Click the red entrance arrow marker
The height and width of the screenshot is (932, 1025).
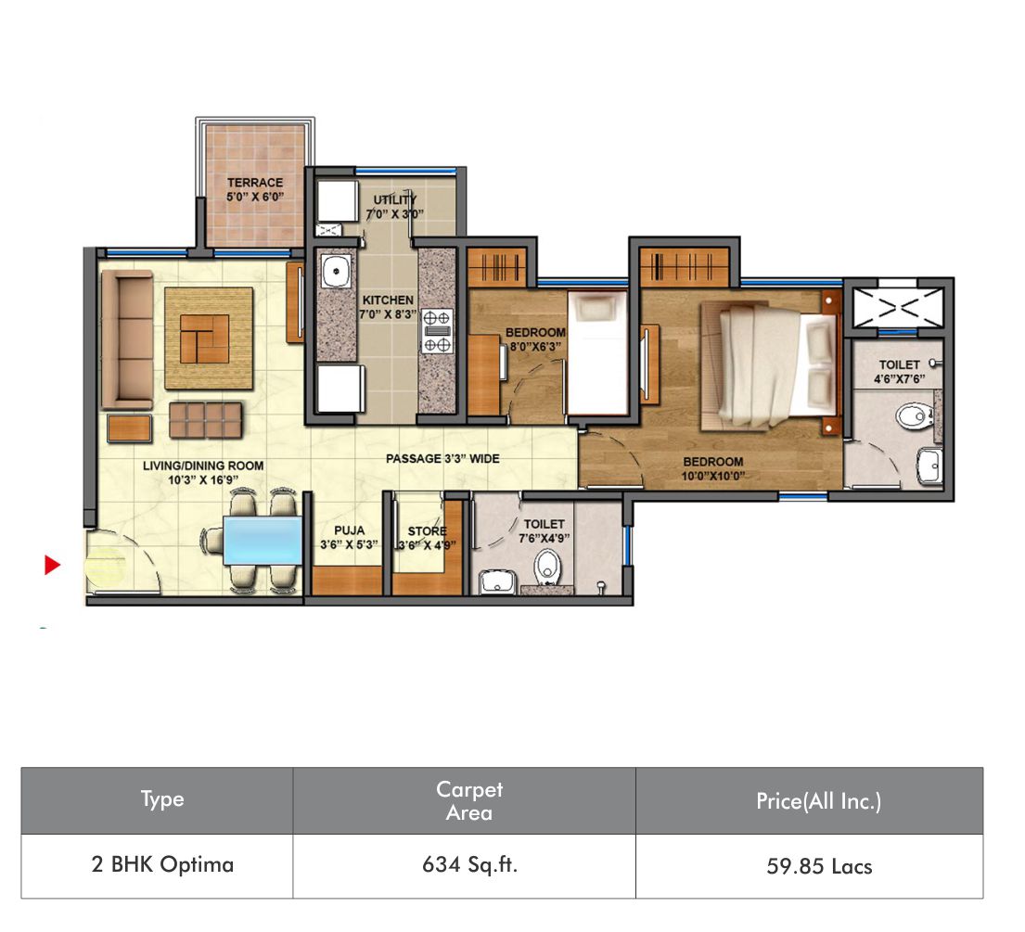click(52, 565)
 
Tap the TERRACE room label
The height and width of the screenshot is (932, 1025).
click(255, 183)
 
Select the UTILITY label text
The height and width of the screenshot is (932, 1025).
click(395, 200)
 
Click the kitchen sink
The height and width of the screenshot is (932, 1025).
click(337, 271)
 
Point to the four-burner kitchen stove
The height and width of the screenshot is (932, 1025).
click(437, 331)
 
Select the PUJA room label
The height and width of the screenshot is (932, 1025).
click(349, 530)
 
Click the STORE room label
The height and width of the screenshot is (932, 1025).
click(428, 531)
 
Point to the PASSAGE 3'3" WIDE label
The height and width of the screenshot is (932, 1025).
click(442, 459)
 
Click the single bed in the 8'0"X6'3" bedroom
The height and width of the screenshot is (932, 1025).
click(597, 352)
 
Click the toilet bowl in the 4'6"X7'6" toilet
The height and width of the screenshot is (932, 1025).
click(915, 415)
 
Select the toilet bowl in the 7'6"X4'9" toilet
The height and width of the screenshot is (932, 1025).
click(548, 566)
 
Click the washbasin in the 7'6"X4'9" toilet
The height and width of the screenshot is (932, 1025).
click(497, 581)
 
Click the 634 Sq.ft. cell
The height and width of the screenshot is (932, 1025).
click(469, 865)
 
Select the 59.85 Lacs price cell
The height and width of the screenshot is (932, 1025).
click(819, 867)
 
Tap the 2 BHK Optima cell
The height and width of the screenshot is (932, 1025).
click(162, 864)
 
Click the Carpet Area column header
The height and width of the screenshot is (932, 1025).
click(469, 800)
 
